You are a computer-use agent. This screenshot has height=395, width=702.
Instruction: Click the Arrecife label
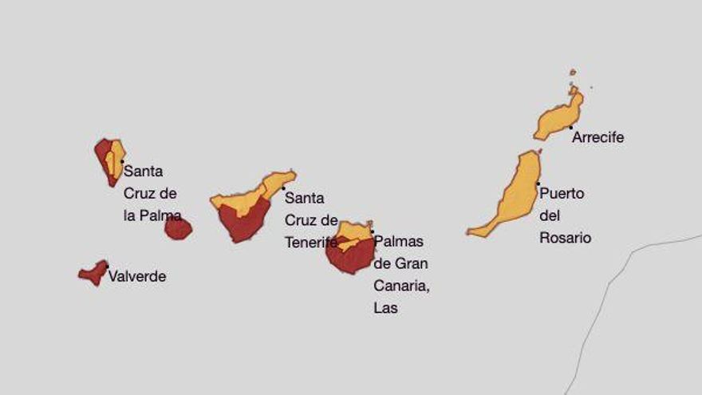point(597,137)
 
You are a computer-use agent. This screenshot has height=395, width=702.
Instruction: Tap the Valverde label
point(137,277)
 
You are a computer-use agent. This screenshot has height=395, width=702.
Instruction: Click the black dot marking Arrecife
point(570,127)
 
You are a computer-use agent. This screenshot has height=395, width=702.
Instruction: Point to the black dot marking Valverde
point(107,267)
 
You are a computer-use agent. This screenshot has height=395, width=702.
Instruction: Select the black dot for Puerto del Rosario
point(538,184)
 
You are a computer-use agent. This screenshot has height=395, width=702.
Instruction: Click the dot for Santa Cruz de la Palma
point(122,161)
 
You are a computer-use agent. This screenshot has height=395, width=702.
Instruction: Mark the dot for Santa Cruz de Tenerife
point(283,188)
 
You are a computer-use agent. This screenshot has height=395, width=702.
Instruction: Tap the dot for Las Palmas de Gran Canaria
point(372,231)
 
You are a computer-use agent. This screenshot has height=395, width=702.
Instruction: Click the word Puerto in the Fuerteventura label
point(562,193)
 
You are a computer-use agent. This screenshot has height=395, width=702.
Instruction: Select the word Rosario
point(566,238)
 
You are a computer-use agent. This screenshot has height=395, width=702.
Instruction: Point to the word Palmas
point(399,241)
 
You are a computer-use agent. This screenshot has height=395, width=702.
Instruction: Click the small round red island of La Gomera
point(178,229)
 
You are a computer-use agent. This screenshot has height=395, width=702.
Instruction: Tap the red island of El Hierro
point(93,274)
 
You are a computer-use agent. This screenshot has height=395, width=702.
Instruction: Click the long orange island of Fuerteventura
point(515,196)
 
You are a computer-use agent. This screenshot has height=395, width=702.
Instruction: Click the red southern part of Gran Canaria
point(351,258)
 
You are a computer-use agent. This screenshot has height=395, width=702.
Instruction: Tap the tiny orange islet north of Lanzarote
point(573,73)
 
